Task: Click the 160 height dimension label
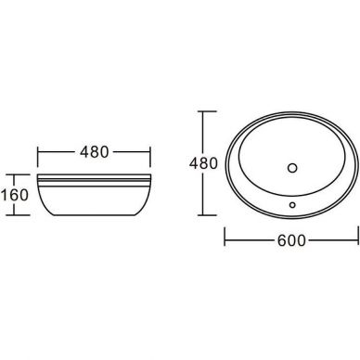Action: pyautogui.click(x=15, y=195)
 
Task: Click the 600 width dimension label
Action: pyautogui.click(x=291, y=240)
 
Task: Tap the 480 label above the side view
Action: pyautogui.click(x=95, y=151)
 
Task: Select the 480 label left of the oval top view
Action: pyautogui.click(x=203, y=163)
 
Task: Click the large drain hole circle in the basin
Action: pyautogui.click(x=292, y=168)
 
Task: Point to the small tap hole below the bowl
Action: pyautogui.click(x=292, y=204)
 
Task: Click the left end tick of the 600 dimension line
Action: pyautogui.click(x=225, y=237)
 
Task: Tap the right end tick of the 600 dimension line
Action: pyautogui.click(x=358, y=236)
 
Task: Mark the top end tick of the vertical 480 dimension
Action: pyautogui.click(x=207, y=111)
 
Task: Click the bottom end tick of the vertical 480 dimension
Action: pyautogui.click(x=207, y=215)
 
